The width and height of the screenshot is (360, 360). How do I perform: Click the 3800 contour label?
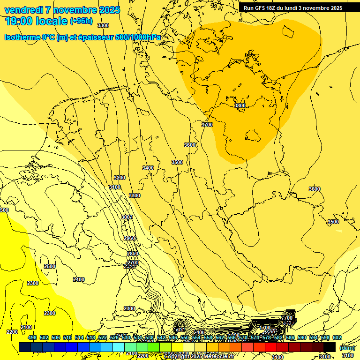coord(240,106)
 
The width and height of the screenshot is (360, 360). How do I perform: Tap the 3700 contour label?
coord(207,125)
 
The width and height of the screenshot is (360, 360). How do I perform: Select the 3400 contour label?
coord(148,168)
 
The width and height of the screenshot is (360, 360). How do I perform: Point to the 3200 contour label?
coord(120,178)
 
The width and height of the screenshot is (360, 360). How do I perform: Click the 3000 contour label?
coord(127,217)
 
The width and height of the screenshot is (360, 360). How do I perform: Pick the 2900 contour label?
coord(130,238)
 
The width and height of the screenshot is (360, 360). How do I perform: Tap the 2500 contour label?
coord(50,266)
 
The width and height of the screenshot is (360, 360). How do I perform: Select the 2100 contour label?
coord(26,327)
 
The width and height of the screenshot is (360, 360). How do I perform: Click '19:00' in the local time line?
coord(19,21)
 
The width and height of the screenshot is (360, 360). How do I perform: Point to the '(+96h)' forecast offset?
coord(81,21)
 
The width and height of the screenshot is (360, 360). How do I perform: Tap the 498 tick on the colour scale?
coord(32,337)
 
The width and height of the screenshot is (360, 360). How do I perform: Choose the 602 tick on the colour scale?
coord(337,337)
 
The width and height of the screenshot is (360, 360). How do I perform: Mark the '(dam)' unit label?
coord(347,347)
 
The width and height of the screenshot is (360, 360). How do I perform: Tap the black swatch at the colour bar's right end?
coord(330,347)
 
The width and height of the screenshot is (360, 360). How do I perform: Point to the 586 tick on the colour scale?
coord(290,337)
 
